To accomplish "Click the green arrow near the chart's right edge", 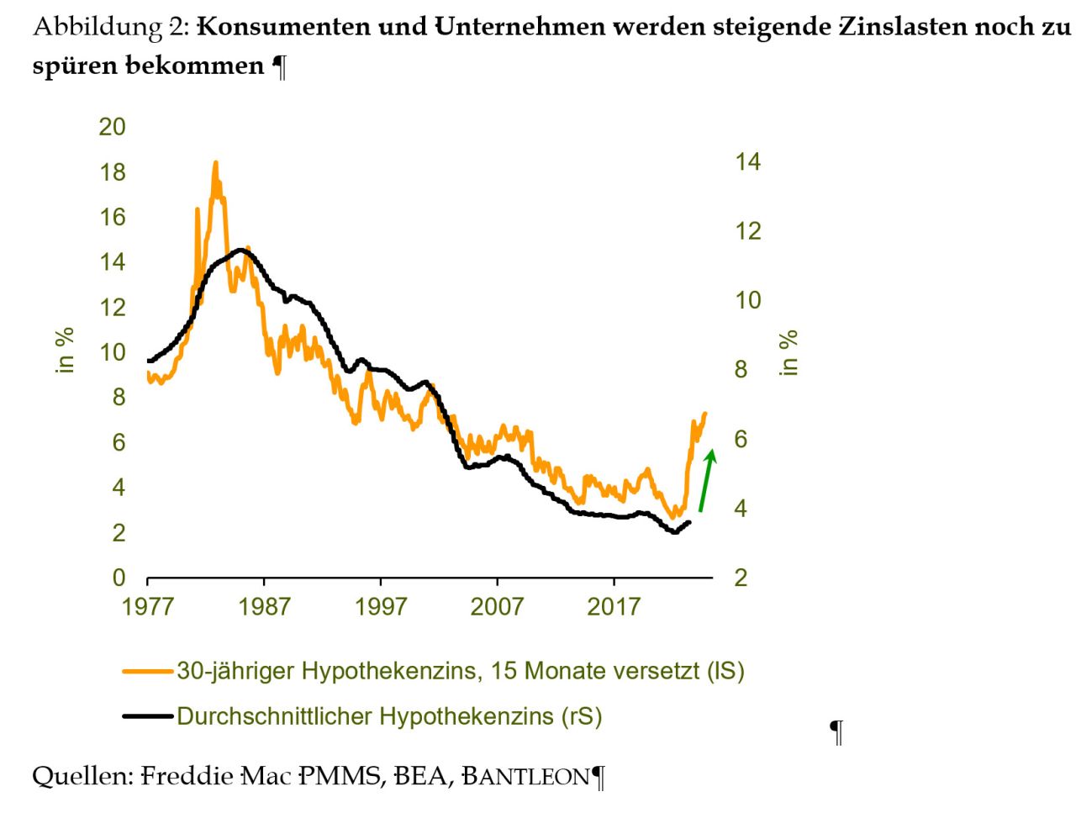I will coord(707,481).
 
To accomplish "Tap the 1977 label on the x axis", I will coord(147,606).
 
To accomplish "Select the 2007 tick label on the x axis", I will coord(497,606).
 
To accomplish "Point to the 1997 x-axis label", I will coord(381,606).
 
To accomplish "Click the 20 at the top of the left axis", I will coord(112,127).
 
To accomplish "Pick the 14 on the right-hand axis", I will coord(747,161).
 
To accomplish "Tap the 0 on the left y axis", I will coord(119,578).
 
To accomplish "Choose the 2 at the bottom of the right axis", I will coord(741,578).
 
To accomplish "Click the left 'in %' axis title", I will coord(66,350).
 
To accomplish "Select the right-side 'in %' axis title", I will coord(789,353).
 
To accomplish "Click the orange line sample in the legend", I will coord(148,671).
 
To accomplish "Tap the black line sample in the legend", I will coord(148,716).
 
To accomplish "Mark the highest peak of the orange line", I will coord(215,163).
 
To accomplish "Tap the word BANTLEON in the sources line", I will coord(526,776).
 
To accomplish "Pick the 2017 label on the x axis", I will coord(614,606).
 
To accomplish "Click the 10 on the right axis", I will coord(747,300).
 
